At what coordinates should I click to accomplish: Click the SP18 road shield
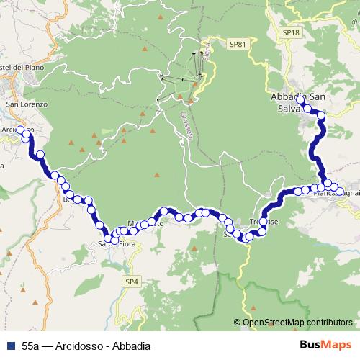click(x=290, y=33)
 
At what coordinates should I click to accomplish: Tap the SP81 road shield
click(x=238, y=44)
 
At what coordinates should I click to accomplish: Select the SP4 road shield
click(x=130, y=281)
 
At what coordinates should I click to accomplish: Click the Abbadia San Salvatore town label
click(x=297, y=103)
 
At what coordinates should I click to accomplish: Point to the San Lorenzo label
click(x=27, y=104)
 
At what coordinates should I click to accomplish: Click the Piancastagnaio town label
click(x=339, y=193)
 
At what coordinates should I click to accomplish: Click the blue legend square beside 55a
click(x=11, y=346)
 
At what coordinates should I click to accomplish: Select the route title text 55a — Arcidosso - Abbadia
click(x=86, y=346)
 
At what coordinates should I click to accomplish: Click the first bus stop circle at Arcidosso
click(x=21, y=130)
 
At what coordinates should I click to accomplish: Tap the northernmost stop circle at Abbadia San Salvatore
click(x=301, y=102)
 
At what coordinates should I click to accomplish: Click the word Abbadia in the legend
click(x=131, y=346)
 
